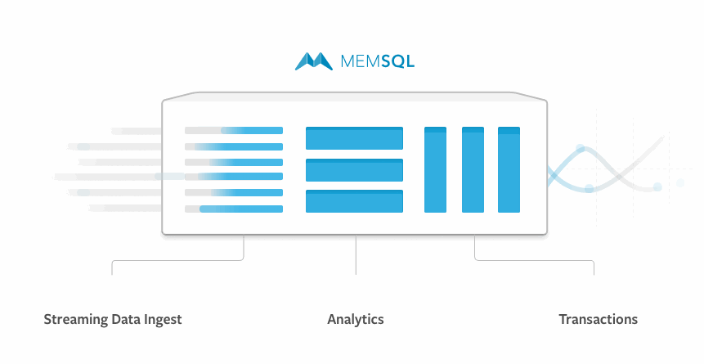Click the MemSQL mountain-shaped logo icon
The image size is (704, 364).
(x=314, y=61)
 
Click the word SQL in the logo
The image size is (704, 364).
(x=398, y=61)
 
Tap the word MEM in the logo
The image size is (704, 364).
(x=361, y=61)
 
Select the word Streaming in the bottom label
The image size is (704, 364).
(x=76, y=320)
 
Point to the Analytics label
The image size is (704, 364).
(x=356, y=319)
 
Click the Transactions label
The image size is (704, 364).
(x=598, y=319)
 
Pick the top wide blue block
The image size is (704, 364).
(x=354, y=138)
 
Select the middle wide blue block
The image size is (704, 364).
(x=354, y=170)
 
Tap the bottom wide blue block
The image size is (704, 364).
(x=354, y=201)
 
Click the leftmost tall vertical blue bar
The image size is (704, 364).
(x=436, y=170)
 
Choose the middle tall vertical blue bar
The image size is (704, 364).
(x=473, y=170)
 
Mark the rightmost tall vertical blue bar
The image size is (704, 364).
(x=509, y=170)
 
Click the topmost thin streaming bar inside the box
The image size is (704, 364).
(x=234, y=130)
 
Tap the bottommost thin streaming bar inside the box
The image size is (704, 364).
(x=234, y=209)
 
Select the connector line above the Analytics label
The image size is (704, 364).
(x=356, y=255)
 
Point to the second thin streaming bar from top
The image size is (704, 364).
(x=234, y=147)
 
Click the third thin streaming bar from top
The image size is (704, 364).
(x=234, y=162)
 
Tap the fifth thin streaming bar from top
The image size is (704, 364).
(x=234, y=193)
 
